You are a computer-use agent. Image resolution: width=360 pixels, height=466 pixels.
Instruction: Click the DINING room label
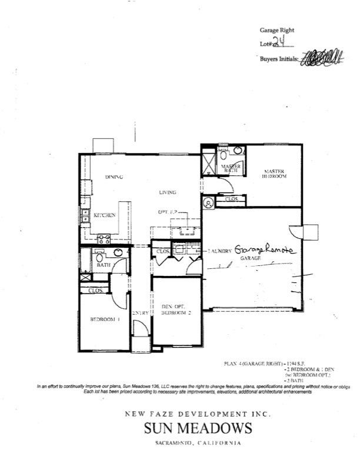(x=113, y=177)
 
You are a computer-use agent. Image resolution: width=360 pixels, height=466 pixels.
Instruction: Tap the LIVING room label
(x=168, y=192)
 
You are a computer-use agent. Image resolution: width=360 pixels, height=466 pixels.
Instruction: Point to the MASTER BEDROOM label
(x=274, y=174)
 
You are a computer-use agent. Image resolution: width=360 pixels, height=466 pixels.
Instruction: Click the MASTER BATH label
(x=231, y=169)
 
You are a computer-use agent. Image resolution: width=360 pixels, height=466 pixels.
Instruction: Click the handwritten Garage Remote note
(x=263, y=249)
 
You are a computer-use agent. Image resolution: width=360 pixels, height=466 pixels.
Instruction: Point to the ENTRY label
(x=140, y=313)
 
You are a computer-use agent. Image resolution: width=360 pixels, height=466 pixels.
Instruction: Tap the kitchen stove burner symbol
(x=104, y=238)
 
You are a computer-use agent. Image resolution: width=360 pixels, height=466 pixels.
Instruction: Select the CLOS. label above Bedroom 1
(x=95, y=291)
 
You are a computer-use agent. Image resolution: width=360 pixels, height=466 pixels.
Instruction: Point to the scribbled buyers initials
(x=322, y=58)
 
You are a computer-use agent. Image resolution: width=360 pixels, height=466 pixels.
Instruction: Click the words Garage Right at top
(x=277, y=30)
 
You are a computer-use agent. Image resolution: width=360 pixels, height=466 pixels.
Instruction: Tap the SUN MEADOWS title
(x=198, y=428)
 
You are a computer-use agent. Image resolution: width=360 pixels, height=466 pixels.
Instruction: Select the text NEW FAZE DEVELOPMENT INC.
(x=198, y=414)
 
